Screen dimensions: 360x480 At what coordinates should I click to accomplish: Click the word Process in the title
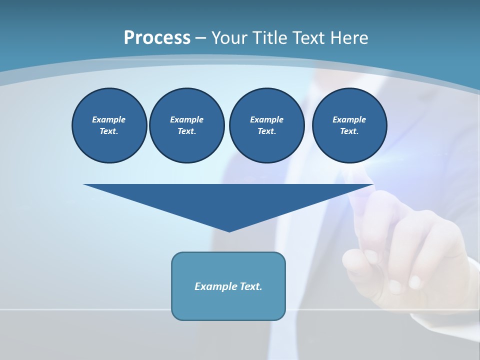pos(157,38)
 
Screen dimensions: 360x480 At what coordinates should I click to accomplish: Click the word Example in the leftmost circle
pos(108,119)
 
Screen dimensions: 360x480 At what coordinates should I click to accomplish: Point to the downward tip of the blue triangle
pos(229,230)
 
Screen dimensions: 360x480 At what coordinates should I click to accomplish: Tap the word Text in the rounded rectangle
pos(251,286)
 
